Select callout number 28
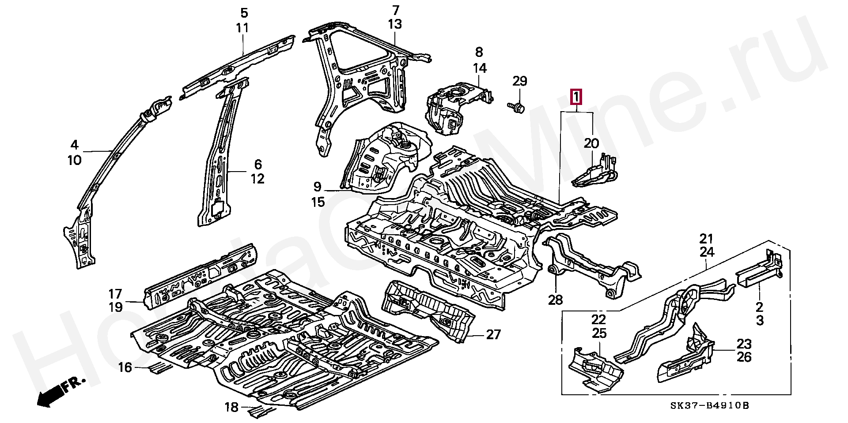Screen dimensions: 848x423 tap(556, 300)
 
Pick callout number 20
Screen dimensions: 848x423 tap(591, 143)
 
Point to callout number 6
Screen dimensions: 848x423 tap(258, 165)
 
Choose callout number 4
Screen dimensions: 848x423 tap(74, 145)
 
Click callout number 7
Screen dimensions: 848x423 tap(395, 10)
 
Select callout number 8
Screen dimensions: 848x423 tap(479, 52)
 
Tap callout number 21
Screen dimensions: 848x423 tap(706, 239)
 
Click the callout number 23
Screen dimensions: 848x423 tap(744, 343)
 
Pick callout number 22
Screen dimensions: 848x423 tap(599, 319)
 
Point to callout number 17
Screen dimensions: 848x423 tap(115, 293)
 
